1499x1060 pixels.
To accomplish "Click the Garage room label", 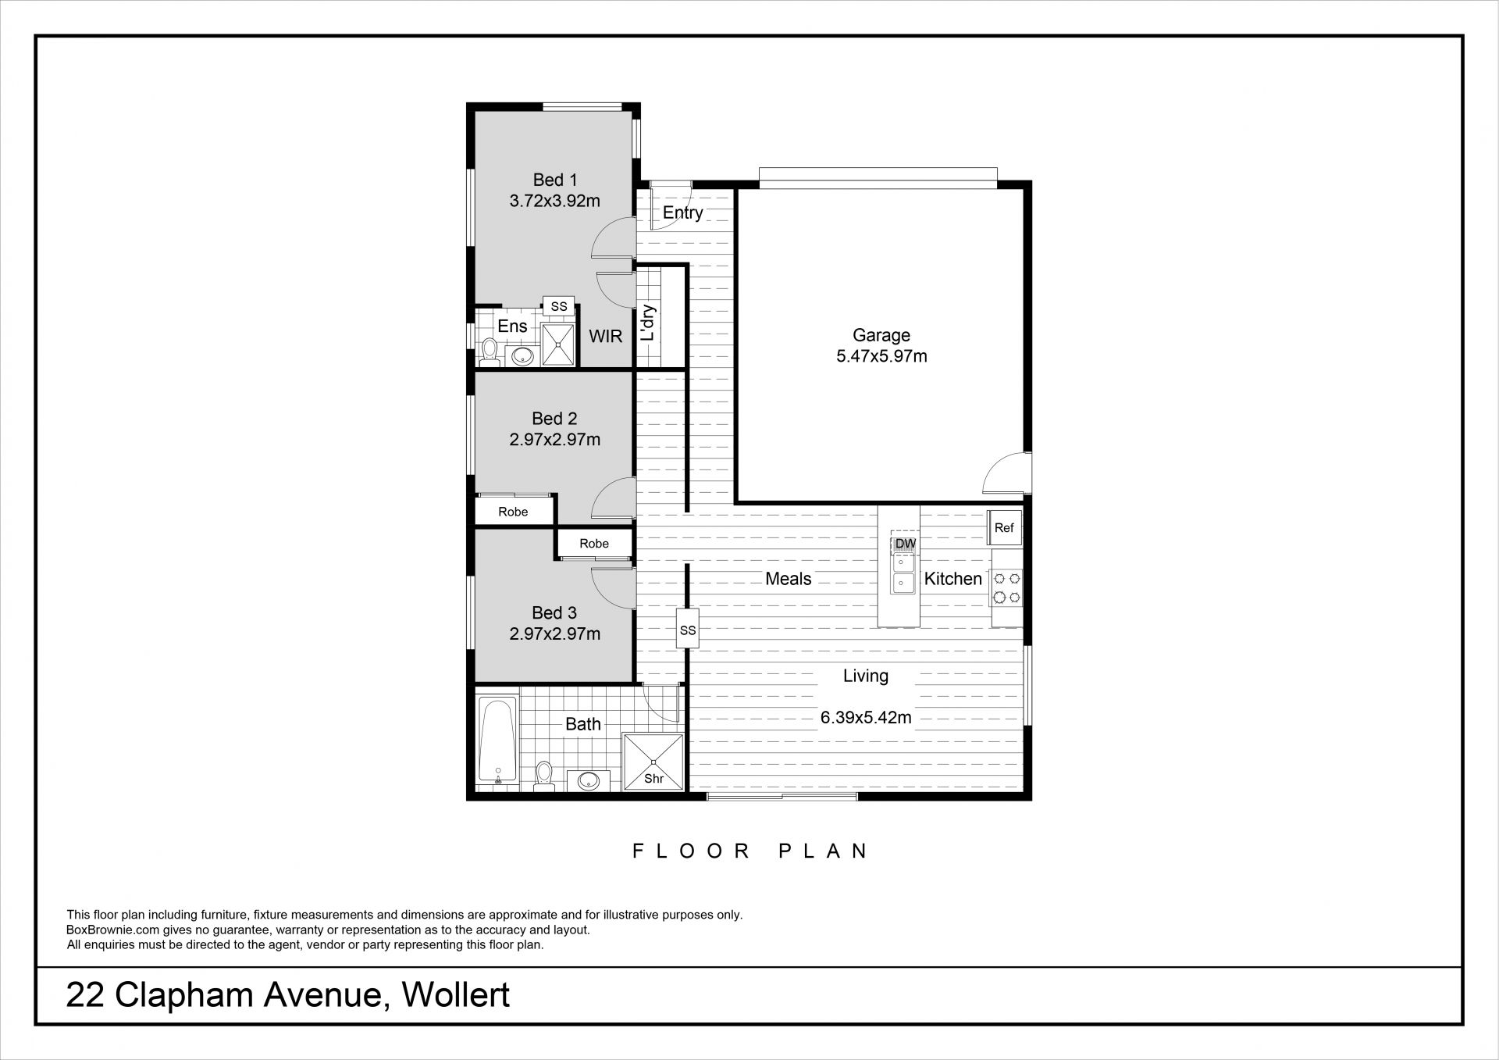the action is click(x=881, y=336).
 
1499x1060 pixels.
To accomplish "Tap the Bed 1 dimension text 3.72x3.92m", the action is click(x=555, y=201).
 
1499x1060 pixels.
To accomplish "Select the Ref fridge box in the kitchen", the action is click(x=1004, y=528).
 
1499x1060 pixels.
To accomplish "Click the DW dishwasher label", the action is click(x=906, y=543).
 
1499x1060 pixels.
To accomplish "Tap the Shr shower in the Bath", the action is click(x=653, y=762).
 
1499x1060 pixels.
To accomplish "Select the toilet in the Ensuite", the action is click(x=490, y=352).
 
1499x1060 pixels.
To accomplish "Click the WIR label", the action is click(x=606, y=337).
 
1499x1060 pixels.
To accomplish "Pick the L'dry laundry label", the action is click(x=648, y=322).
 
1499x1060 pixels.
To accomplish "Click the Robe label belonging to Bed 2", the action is click(x=513, y=512).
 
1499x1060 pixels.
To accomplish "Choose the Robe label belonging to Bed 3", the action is click(x=594, y=544).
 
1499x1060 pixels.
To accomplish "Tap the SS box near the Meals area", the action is click(x=687, y=630).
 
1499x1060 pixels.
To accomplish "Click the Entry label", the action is click(x=683, y=212).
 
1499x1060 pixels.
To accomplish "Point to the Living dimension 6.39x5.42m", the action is click(x=866, y=717).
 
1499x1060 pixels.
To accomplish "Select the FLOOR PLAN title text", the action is click(x=749, y=851).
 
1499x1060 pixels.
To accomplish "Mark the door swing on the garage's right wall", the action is click(x=1007, y=473).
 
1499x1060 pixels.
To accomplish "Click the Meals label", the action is click(x=789, y=579).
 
